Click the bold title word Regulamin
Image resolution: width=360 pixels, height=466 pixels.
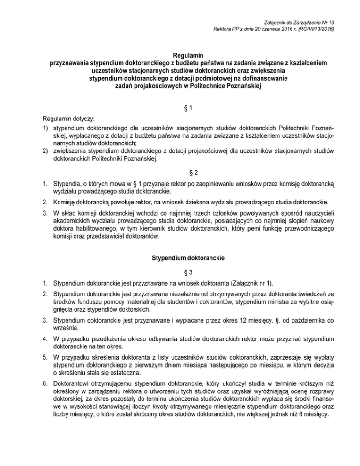click(180, 55)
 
